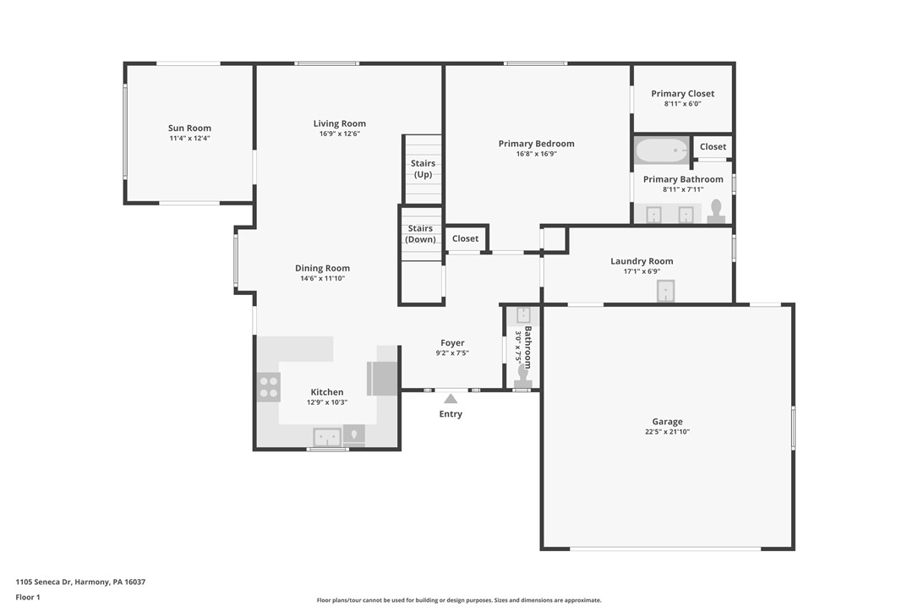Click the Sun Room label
(x=189, y=128)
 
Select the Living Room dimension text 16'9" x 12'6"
(x=339, y=134)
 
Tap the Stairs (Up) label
(x=423, y=169)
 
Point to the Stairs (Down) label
(x=421, y=234)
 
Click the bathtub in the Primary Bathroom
(x=662, y=151)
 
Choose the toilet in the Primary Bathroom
(x=716, y=210)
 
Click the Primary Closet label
(x=682, y=94)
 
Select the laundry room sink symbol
(x=666, y=291)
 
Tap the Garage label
(x=667, y=422)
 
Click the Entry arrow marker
(x=451, y=398)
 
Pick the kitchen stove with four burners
(x=269, y=387)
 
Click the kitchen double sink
(x=327, y=437)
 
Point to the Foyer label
(x=452, y=343)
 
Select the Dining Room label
(x=322, y=269)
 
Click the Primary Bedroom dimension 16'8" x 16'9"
(x=536, y=154)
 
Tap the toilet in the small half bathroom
(x=523, y=374)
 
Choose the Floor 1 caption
(x=27, y=597)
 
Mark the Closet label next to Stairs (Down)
(x=465, y=238)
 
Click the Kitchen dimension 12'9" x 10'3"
(x=327, y=402)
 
